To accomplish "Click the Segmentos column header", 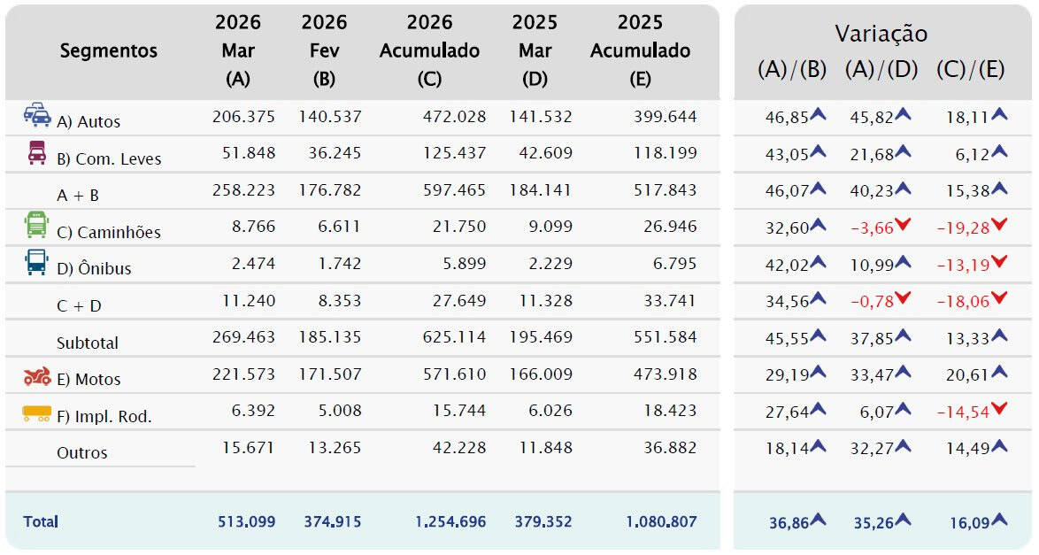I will [108, 51].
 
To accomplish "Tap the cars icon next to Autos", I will [37, 116].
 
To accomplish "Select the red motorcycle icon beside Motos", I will [37, 377].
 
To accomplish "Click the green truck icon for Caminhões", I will [36, 227].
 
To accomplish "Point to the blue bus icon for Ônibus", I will [36, 263].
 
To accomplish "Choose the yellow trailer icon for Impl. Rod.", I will [37, 412].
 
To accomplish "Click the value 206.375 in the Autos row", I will [243, 117].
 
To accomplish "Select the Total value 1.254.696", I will [450, 521].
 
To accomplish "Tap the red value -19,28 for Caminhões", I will [962, 227].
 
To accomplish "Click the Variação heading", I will [881, 34].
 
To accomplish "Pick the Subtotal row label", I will [88, 343].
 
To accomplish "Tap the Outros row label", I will [82, 452].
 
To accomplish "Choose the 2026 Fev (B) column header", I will [324, 50].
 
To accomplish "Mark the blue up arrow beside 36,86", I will [818, 520].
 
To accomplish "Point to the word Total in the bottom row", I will [41, 521].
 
